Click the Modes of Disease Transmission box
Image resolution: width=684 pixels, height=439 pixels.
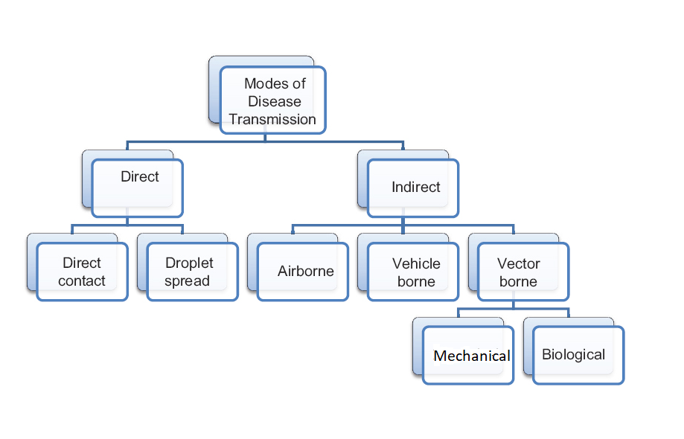(272, 100)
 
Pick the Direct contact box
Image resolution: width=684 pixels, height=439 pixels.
(82, 272)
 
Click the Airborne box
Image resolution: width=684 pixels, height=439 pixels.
(303, 272)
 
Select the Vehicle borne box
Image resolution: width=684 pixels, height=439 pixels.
(414, 272)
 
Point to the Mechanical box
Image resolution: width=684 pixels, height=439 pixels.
(468, 355)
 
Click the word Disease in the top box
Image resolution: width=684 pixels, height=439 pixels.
(275, 101)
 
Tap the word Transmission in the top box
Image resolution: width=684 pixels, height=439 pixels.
(272, 119)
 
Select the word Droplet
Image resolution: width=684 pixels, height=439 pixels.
(189, 263)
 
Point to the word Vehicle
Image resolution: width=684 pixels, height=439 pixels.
(416, 263)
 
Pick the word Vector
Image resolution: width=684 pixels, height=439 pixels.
(519, 263)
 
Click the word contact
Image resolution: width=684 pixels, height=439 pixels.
(82, 281)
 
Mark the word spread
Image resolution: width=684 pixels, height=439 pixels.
(187, 281)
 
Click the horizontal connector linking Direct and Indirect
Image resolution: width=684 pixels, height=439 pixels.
(264, 141)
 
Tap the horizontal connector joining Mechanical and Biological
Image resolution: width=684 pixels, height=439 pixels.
(514, 307)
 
